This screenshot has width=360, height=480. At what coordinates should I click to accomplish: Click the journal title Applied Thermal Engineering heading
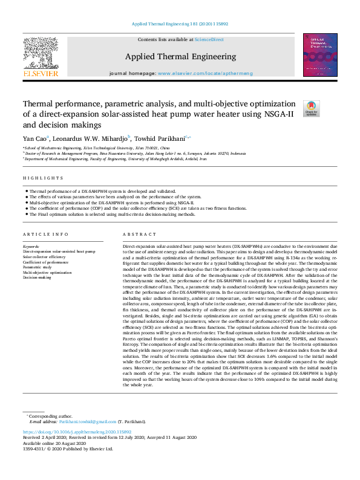tap(180, 57)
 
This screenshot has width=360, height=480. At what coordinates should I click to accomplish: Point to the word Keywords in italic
tap(31, 247)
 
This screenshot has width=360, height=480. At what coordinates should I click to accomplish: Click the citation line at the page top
tap(180, 24)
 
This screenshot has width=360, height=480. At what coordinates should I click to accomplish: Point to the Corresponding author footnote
tap(51, 416)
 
